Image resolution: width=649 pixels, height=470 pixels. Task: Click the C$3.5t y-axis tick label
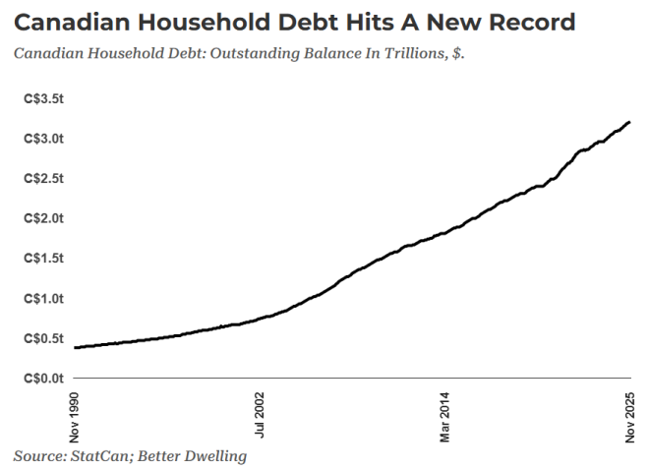(43, 99)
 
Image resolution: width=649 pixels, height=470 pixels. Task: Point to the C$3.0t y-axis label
(43, 140)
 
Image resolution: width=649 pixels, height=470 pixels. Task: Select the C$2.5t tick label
(43, 179)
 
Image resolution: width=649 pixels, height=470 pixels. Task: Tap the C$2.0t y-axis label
(43, 218)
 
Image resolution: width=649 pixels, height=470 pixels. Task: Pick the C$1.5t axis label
(43, 259)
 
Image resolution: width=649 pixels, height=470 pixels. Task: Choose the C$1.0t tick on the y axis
(43, 298)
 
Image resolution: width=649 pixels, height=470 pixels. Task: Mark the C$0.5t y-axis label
(43, 338)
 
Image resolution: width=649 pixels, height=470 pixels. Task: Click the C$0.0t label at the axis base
(43, 378)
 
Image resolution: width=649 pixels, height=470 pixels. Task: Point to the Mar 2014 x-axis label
(445, 416)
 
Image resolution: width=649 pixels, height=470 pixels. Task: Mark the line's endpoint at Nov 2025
(629, 122)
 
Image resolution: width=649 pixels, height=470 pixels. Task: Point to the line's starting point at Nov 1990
(75, 347)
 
